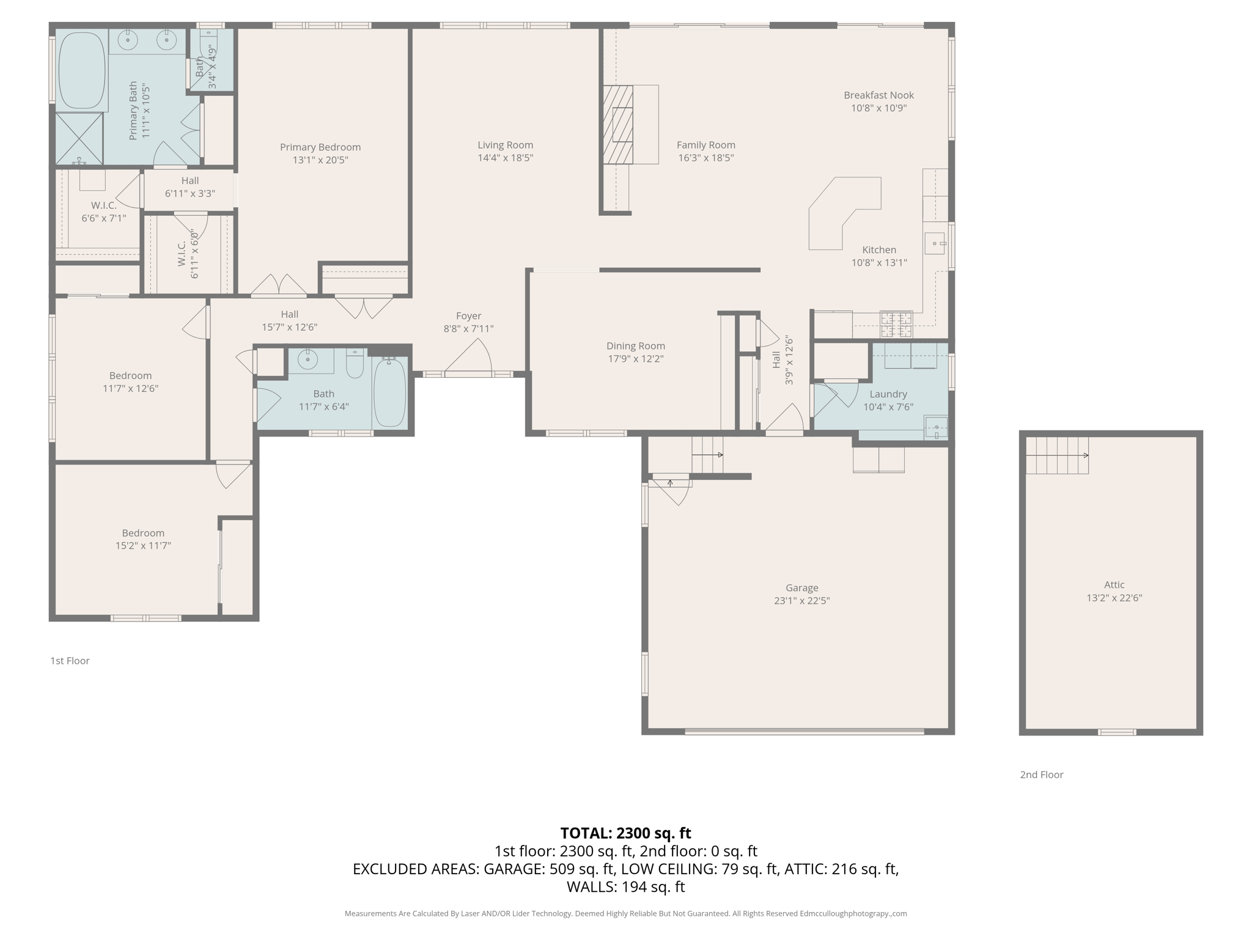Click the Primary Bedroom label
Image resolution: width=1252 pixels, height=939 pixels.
point(320,147)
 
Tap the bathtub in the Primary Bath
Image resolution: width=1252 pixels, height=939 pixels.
point(82,71)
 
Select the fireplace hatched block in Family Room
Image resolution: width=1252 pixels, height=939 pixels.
point(618,125)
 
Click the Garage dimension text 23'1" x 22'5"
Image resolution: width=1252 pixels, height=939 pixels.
point(801,600)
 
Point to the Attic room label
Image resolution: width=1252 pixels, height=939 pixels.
point(1114,584)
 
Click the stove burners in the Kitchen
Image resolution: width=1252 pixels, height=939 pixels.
point(896,325)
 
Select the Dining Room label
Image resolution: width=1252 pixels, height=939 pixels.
point(635,346)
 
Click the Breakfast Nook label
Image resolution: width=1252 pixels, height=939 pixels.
point(878,95)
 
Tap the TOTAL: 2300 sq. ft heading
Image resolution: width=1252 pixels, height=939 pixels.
point(625,833)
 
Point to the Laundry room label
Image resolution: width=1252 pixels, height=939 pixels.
point(888,394)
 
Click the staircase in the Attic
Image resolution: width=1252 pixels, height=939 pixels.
point(1057,455)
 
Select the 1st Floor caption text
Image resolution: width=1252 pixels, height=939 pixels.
point(70,661)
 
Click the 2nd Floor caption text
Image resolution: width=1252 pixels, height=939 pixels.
point(1041,775)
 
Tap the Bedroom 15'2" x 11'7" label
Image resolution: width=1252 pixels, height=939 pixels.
point(143,533)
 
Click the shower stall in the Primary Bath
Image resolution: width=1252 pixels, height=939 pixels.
point(79,138)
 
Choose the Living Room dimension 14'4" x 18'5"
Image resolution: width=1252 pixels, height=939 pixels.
point(505,158)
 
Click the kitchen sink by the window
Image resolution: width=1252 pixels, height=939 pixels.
point(935,243)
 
